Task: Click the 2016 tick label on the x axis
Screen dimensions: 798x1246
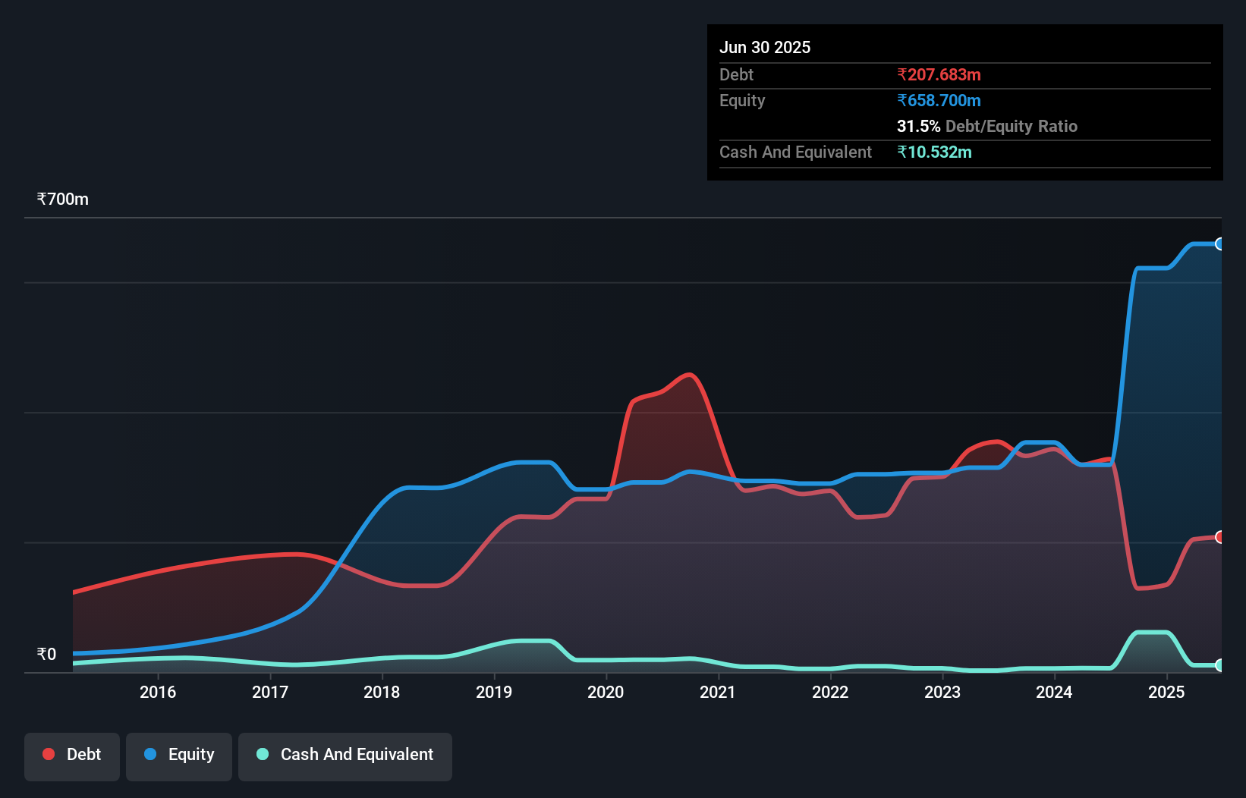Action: (x=158, y=692)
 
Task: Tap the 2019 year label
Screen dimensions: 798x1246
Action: (x=494, y=692)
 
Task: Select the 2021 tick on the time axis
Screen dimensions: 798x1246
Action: (x=718, y=692)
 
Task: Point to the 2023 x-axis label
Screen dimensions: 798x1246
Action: (x=942, y=692)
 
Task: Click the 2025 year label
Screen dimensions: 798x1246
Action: (x=1166, y=692)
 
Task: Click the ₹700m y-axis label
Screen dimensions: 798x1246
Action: (x=63, y=199)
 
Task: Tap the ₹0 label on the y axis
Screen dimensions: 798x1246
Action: (x=47, y=654)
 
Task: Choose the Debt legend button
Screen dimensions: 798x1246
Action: (x=72, y=755)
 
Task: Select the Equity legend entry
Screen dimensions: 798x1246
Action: (x=179, y=755)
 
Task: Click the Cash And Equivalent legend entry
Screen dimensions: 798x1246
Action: (x=345, y=755)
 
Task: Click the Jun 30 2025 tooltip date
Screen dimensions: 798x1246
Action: (x=765, y=48)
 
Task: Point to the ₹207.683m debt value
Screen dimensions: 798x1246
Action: (x=939, y=75)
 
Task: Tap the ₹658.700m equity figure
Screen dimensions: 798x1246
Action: (x=939, y=101)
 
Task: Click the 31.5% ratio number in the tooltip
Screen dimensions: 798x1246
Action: (x=918, y=127)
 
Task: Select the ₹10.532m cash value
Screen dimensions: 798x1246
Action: (x=934, y=152)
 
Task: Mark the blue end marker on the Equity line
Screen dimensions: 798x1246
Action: (x=1220, y=243)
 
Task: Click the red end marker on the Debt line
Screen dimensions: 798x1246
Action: (x=1220, y=537)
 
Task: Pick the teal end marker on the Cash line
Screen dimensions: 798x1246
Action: (x=1220, y=665)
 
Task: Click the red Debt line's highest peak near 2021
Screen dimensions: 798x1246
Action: (x=689, y=375)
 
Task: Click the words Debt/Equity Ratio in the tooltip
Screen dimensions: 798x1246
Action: (x=1012, y=127)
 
